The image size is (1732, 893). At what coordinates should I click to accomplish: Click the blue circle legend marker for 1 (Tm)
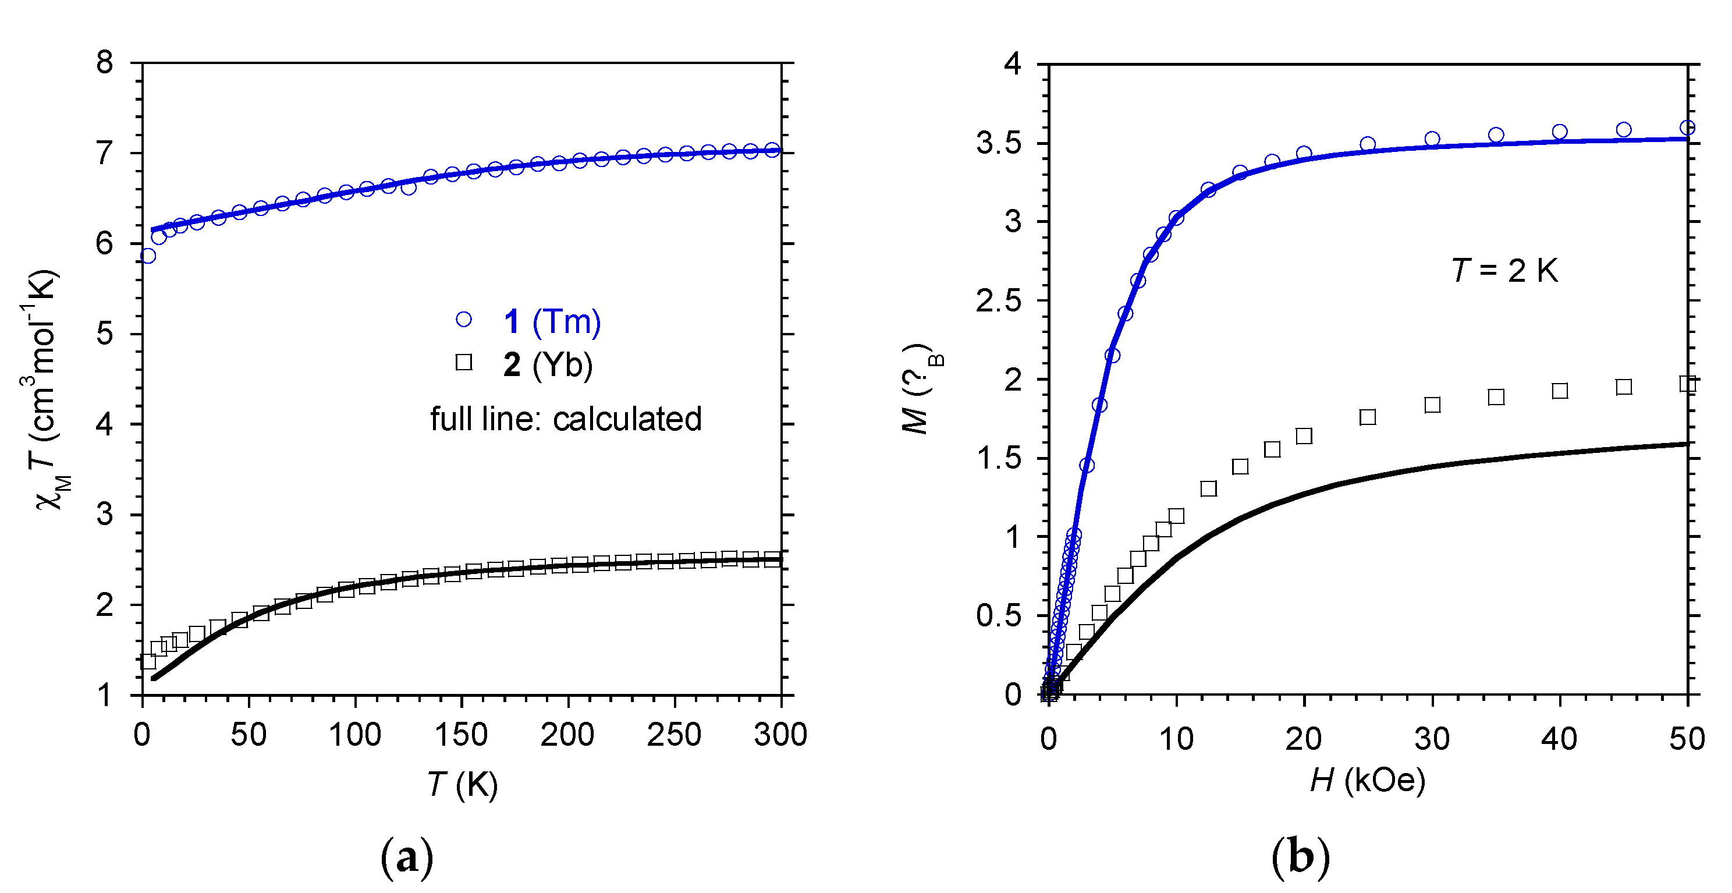tap(464, 320)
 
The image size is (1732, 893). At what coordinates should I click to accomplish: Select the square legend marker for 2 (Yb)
tap(464, 363)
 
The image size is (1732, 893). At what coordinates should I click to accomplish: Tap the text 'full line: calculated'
tap(566, 419)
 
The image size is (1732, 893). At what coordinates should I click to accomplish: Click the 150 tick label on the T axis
tap(462, 735)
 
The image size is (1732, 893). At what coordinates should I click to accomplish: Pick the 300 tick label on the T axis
tap(780, 735)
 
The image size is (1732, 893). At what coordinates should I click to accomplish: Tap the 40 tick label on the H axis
tap(1559, 739)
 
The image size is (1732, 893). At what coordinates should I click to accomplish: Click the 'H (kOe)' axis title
tap(1368, 780)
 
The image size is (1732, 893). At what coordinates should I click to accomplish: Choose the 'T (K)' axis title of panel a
tap(463, 784)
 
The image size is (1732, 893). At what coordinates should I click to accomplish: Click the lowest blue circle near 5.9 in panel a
tap(148, 256)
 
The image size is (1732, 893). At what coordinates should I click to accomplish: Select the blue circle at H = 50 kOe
tap(1687, 127)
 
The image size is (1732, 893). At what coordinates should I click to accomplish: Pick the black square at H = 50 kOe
tap(1687, 384)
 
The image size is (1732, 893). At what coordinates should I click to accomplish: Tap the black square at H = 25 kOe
tap(1368, 417)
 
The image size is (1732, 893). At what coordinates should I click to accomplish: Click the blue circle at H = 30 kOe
tap(1432, 139)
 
